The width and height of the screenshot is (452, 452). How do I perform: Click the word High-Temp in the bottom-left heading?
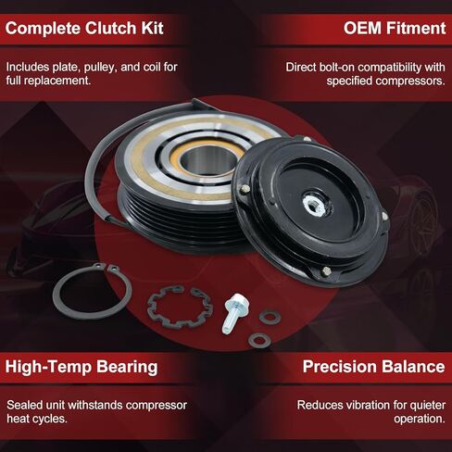coord(46,367)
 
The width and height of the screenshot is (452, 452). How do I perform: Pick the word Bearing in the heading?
coord(124,367)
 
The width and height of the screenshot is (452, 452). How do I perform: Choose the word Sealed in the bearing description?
coord(24,406)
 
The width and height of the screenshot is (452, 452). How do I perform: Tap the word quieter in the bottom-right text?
coord(424,406)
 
